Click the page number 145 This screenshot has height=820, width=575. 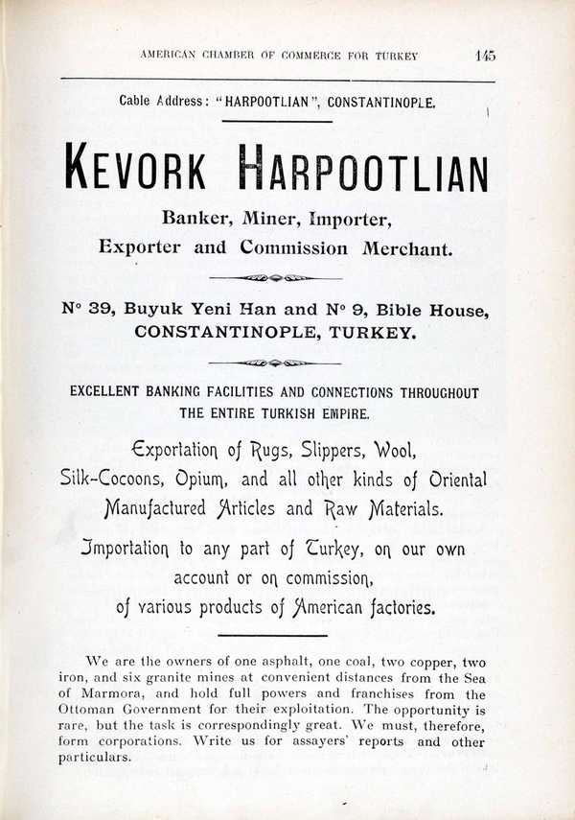(484, 56)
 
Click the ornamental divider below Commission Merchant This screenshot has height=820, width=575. (276, 278)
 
